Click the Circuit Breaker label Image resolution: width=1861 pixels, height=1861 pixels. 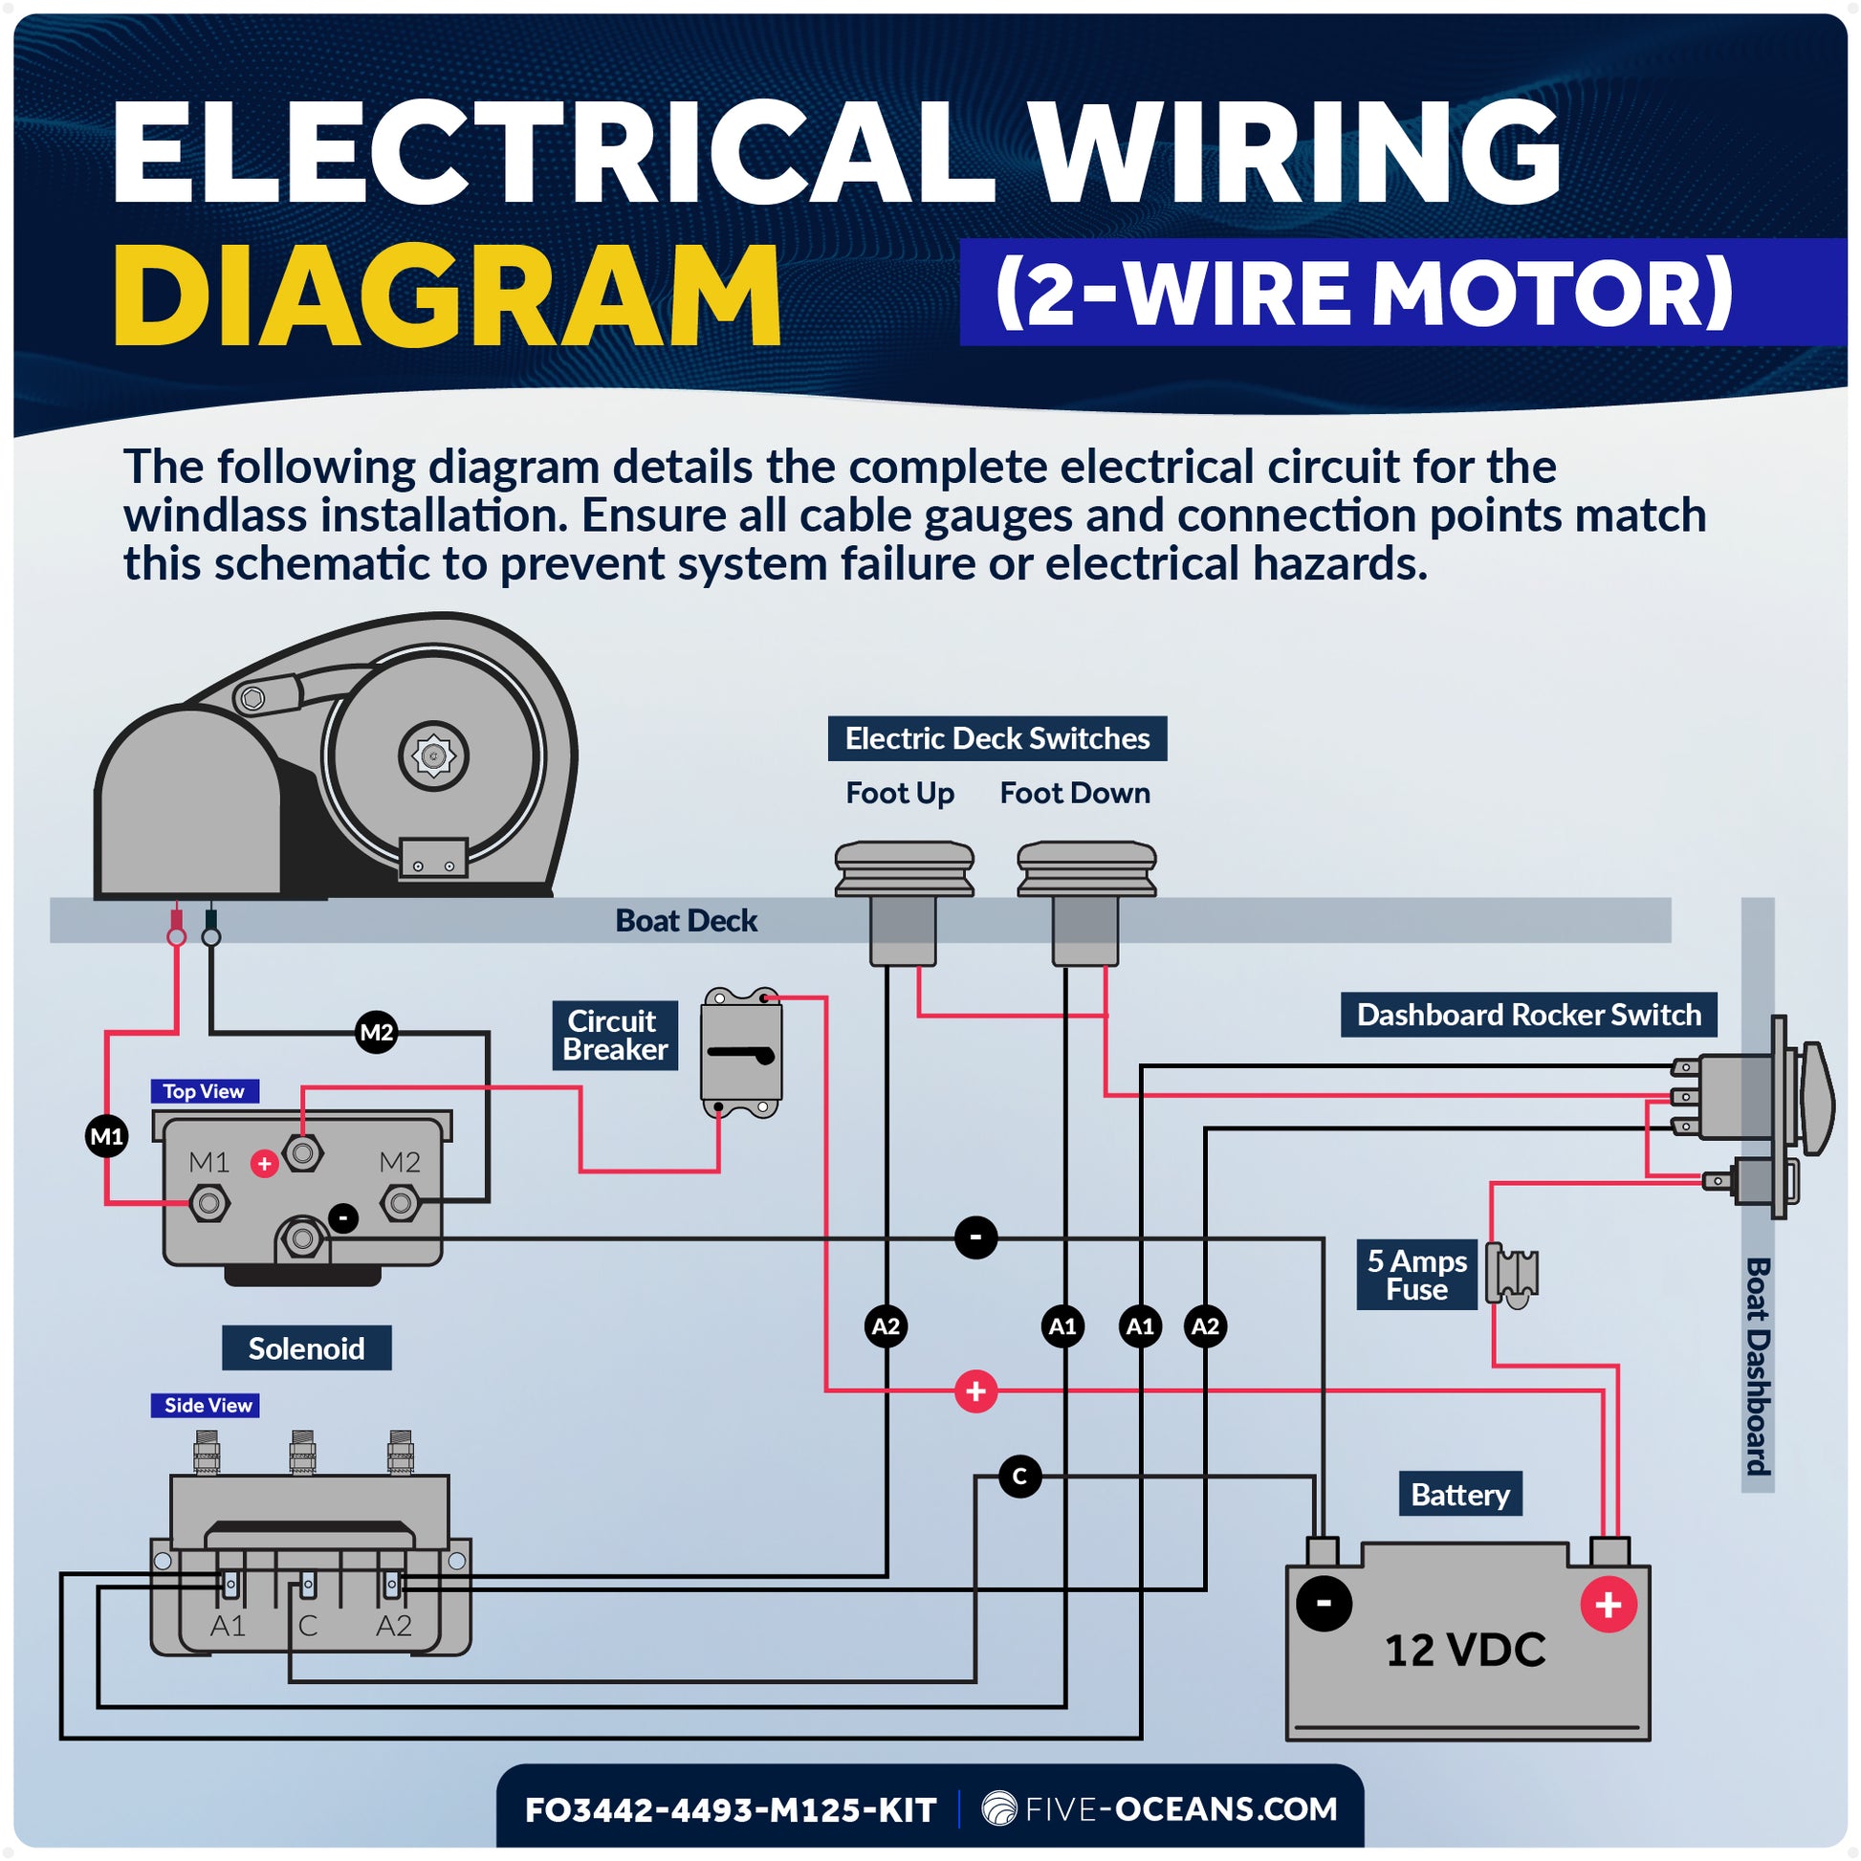tap(615, 1036)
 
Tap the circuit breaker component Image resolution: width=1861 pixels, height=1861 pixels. tap(741, 1052)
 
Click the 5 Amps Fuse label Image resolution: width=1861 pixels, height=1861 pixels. tap(1416, 1275)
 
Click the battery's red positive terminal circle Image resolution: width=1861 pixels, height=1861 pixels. tap(1609, 1605)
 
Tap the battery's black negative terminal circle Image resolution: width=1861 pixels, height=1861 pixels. tap(1324, 1603)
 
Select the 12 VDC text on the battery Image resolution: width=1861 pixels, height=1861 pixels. tap(1464, 1650)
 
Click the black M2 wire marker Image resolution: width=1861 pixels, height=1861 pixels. tap(376, 1033)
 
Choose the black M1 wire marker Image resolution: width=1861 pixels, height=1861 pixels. tap(107, 1137)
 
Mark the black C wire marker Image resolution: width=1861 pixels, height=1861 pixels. tap(1020, 1476)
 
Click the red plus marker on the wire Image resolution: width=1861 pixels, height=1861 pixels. tap(975, 1390)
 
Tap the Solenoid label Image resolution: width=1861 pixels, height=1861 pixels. tap(306, 1347)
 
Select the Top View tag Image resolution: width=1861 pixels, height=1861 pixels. tap(204, 1091)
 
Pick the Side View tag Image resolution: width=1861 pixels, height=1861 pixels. tap(208, 1406)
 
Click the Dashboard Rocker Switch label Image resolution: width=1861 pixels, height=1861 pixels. tap(1527, 1015)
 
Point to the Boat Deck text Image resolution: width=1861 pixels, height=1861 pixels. tap(686, 921)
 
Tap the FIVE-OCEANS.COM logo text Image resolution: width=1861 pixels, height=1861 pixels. tap(1161, 1809)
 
